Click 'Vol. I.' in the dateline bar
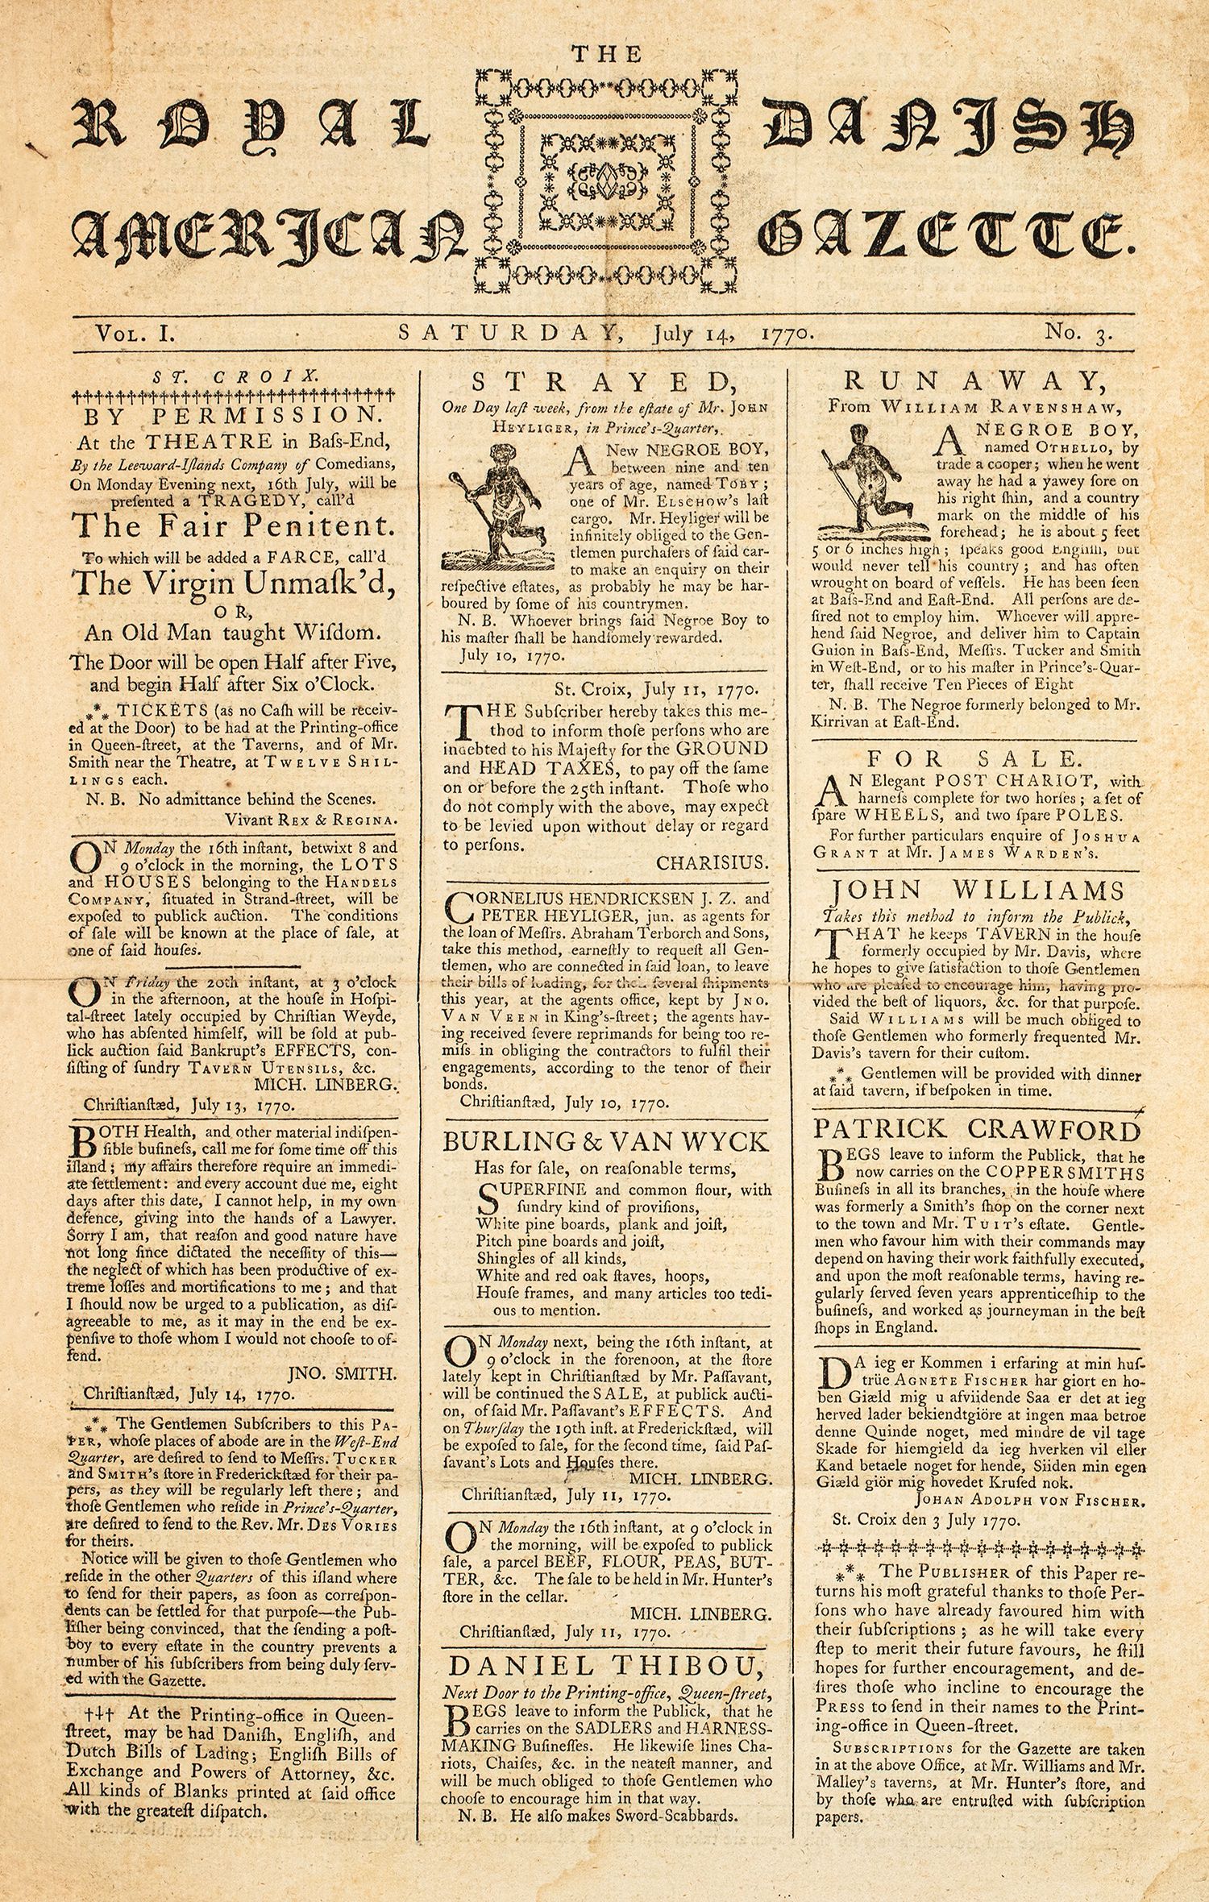pos(130,332)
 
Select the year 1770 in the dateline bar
pos(786,332)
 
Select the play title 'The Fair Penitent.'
pos(234,525)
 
